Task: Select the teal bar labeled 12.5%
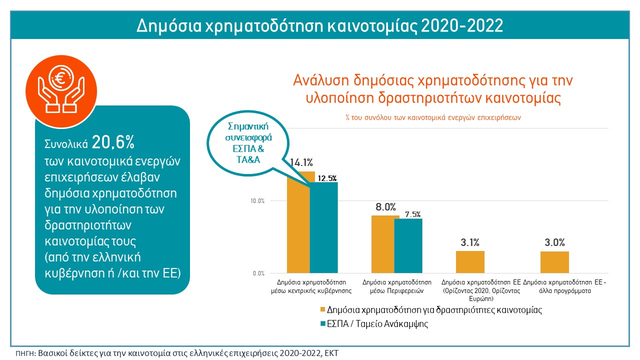tap(323, 227)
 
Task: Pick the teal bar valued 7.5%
tap(408, 245)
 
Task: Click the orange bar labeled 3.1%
tap(470, 262)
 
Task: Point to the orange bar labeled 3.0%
tap(554, 262)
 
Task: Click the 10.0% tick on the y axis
tap(257, 201)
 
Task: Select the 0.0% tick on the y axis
tap(258, 273)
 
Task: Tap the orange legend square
tap(322, 310)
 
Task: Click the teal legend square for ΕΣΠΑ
tap(322, 324)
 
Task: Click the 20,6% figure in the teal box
tap(113, 143)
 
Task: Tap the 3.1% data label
tap(470, 243)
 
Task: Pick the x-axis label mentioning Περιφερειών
tap(397, 286)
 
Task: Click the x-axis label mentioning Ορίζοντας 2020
tap(481, 290)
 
